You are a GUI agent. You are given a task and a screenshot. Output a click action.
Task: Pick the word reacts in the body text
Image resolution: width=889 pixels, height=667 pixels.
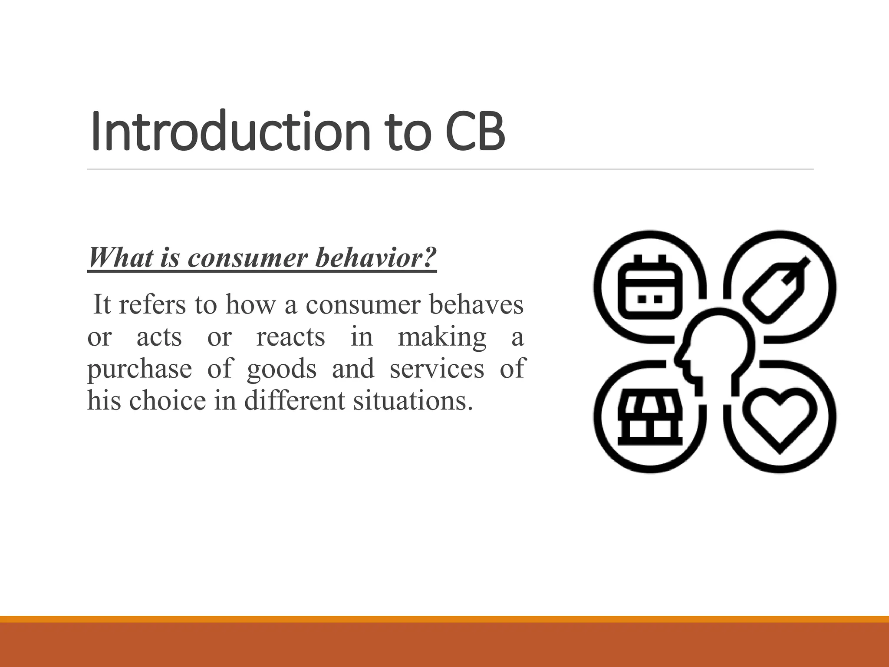(x=290, y=337)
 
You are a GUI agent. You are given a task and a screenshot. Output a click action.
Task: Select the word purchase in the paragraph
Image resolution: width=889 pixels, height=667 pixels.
(x=139, y=369)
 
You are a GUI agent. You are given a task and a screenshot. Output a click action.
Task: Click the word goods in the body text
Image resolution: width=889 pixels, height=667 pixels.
(x=282, y=369)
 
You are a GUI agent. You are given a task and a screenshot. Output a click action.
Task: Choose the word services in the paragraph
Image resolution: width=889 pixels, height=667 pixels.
(x=436, y=369)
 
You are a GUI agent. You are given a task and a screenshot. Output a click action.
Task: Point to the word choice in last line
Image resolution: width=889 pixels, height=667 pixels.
(x=167, y=400)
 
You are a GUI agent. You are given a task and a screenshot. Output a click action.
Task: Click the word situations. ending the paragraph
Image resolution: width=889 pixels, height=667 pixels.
(x=412, y=400)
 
